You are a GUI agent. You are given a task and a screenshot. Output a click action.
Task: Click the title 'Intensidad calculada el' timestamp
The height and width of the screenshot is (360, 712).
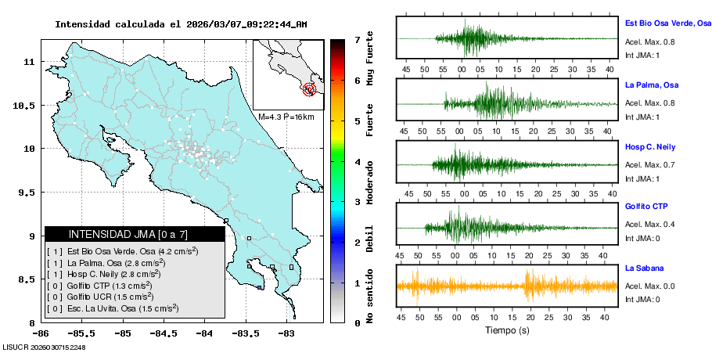(x=181, y=24)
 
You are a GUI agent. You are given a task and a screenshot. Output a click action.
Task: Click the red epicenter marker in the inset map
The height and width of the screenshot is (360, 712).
(x=310, y=89)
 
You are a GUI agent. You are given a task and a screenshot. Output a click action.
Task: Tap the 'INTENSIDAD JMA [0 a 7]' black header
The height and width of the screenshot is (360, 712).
(x=135, y=234)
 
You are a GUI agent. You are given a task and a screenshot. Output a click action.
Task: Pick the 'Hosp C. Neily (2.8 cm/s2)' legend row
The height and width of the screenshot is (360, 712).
(x=113, y=274)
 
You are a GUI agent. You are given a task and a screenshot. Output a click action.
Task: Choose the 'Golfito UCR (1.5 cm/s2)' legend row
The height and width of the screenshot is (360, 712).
(x=110, y=297)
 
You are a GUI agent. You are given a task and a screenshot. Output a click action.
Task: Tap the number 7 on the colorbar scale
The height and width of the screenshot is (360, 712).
(x=357, y=39)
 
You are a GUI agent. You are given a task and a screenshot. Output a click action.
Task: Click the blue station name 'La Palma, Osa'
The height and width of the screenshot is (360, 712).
(x=652, y=85)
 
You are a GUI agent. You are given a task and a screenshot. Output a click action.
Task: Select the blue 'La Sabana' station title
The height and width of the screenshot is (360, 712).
(x=643, y=268)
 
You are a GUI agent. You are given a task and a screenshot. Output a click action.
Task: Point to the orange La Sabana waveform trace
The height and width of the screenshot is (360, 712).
(x=507, y=286)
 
